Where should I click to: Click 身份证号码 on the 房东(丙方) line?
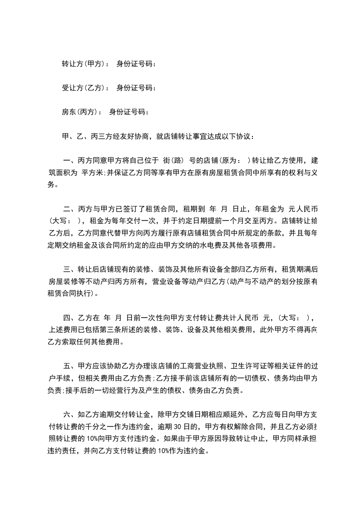coord(128,112)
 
